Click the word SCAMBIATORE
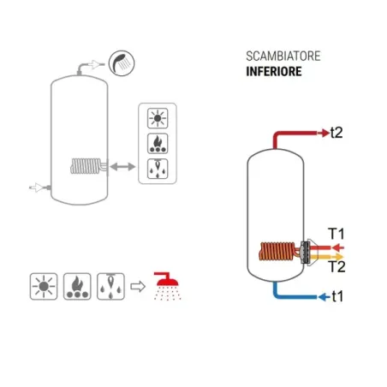click(283, 57)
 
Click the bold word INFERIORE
click(274, 71)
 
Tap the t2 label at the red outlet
click(336, 133)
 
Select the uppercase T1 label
click(336, 234)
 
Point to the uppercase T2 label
click(337, 266)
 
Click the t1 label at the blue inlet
click(337, 296)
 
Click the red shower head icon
click(167, 286)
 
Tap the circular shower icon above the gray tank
click(122, 63)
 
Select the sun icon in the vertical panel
click(158, 118)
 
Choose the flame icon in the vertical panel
click(158, 143)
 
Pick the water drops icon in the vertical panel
click(158, 169)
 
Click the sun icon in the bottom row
click(44, 286)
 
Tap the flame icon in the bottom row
click(77, 286)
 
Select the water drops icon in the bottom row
click(110, 286)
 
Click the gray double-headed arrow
click(122, 167)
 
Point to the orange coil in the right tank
click(277, 251)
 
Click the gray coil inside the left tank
click(86, 166)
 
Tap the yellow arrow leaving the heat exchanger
click(327, 257)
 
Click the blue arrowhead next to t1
click(324, 297)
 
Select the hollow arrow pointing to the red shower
click(138, 286)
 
